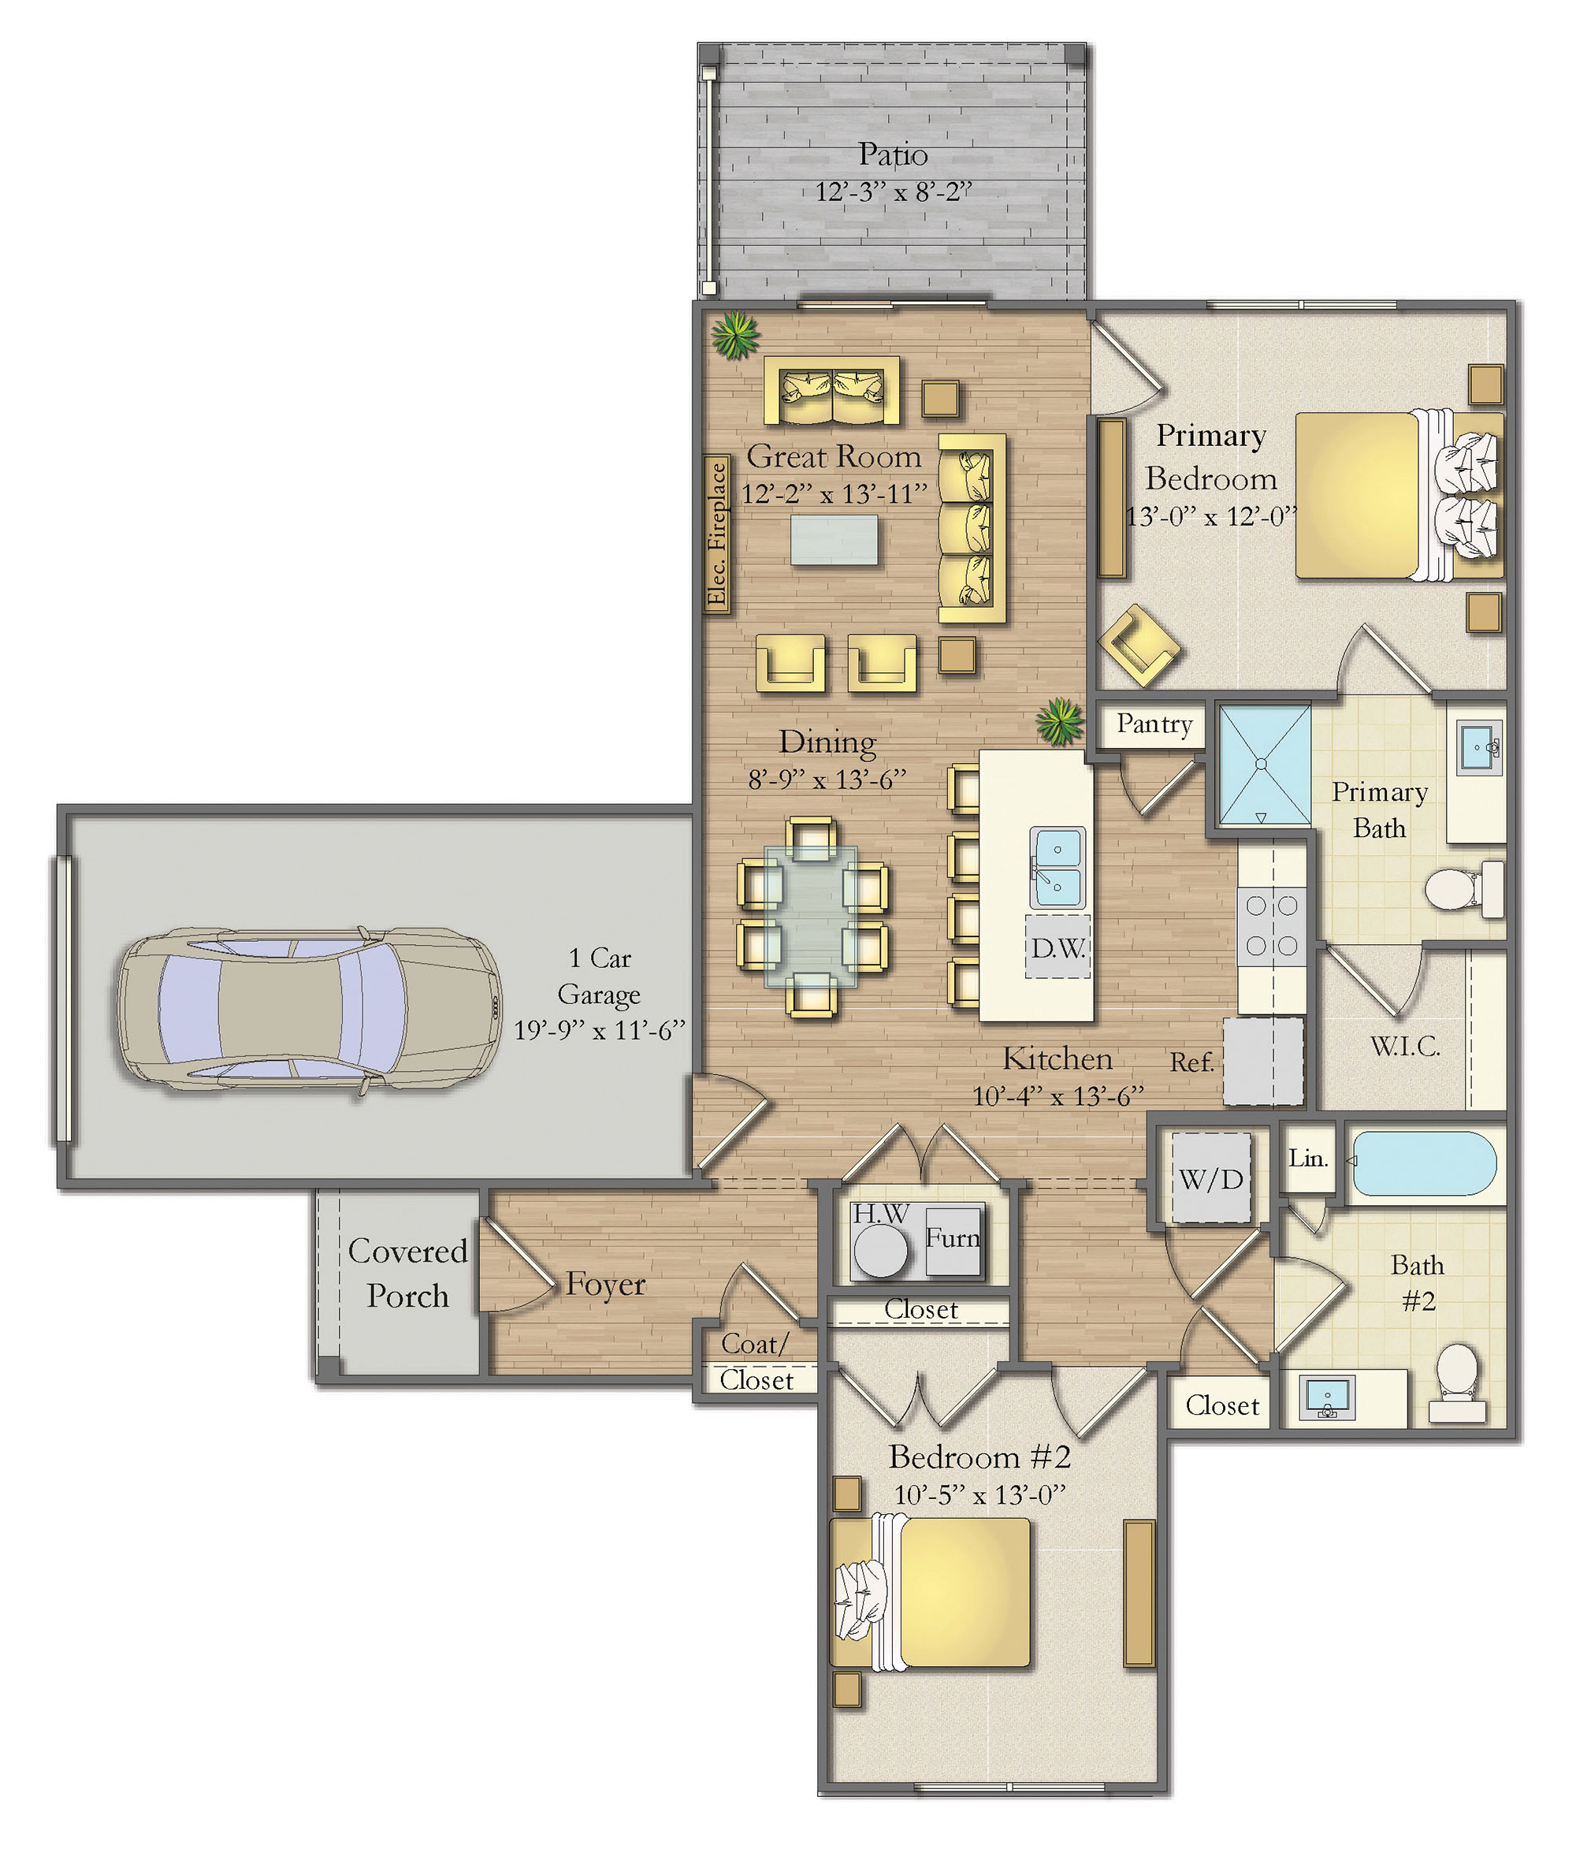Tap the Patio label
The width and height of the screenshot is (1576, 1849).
tap(893, 154)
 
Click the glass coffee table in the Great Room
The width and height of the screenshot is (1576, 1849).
tap(834, 540)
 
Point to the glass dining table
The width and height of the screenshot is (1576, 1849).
tap(810, 917)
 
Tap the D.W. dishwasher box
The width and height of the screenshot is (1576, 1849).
tap(1057, 947)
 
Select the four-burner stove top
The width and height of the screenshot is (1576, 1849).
tap(1272, 926)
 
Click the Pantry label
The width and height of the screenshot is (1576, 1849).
tap(1154, 724)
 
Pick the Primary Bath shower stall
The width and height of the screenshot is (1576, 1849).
tap(1265, 765)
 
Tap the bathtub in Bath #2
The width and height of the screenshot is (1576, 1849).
tap(1423, 1163)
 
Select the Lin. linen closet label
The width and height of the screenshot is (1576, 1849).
tap(1308, 1159)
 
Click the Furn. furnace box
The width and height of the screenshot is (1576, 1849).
tap(953, 1241)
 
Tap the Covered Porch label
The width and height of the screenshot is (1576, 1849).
tap(408, 1274)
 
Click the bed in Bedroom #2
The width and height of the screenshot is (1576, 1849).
tap(931, 1593)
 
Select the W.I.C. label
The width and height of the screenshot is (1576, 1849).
tap(1405, 1046)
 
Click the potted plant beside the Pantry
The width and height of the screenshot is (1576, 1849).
tap(1060, 721)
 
